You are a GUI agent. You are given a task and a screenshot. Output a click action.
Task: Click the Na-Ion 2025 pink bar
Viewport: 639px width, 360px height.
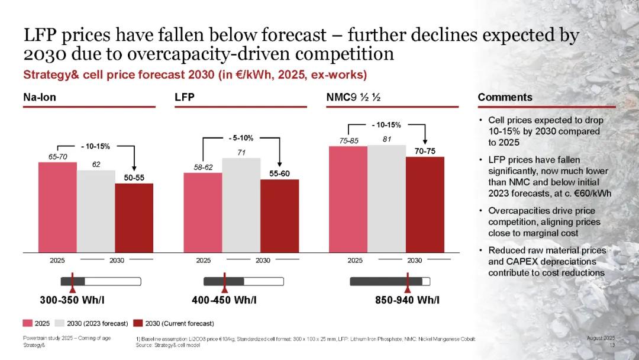point(57,207)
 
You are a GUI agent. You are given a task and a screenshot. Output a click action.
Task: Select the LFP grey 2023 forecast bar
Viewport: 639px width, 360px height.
point(241,205)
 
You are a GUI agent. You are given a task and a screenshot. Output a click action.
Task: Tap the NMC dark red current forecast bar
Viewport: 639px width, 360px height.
point(425,205)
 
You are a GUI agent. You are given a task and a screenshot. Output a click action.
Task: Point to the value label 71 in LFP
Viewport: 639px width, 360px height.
point(241,152)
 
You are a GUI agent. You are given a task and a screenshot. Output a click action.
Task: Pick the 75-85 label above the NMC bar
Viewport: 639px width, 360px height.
point(349,140)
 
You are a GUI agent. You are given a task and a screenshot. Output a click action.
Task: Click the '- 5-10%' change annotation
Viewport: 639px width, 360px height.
point(241,138)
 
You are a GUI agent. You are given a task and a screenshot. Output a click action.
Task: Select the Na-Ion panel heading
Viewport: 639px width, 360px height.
point(40,97)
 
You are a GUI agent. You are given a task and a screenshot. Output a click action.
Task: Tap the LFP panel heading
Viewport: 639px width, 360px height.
point(185,97)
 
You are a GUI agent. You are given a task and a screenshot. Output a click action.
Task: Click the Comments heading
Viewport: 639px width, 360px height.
point(505,97)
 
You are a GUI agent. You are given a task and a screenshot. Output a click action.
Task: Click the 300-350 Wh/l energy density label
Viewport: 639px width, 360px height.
point(72,300)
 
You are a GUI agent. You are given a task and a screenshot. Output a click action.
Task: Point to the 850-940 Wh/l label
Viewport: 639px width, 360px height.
point(407,300)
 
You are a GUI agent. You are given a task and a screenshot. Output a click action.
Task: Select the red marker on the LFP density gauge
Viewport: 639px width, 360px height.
point(224,283)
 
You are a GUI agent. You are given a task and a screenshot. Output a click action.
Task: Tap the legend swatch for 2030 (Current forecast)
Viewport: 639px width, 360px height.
point(138,323)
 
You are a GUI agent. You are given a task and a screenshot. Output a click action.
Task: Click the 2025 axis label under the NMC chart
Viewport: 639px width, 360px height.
point(355,260)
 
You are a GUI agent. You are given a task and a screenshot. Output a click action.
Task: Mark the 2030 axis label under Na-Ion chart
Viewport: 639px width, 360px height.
point(117,260)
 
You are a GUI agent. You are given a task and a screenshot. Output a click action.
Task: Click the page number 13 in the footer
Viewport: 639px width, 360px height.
point(612,345)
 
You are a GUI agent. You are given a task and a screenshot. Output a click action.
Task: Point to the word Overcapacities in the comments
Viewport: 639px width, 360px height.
point(512,211)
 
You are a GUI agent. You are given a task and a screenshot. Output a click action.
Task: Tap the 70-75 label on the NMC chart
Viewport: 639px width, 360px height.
point(425,152)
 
